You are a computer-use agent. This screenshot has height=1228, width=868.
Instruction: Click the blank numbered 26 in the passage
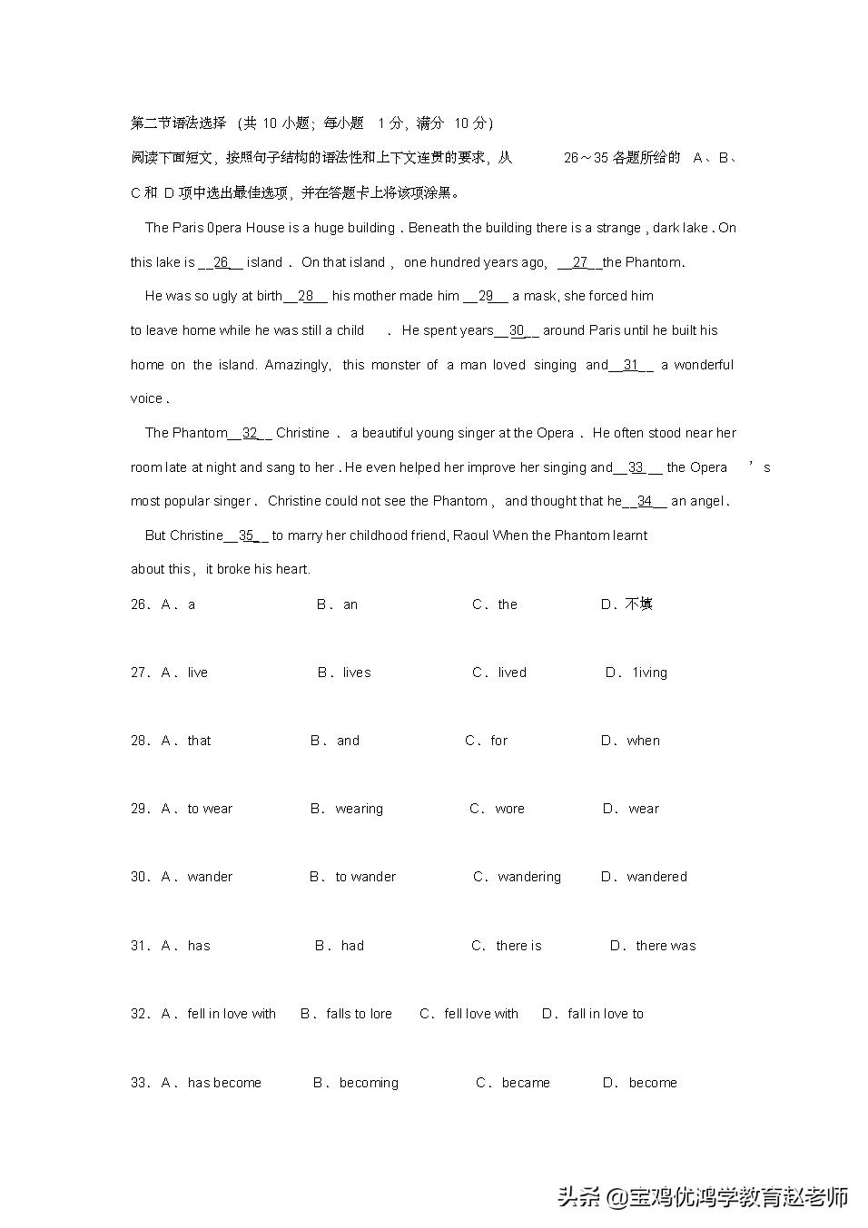tap(221, 262)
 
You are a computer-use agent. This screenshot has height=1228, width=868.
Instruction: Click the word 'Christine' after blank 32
tap(302, 433)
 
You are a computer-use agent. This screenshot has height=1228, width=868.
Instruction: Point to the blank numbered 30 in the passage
tap(517, 330)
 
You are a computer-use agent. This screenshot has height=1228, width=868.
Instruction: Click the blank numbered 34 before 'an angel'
tap(644, 501)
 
